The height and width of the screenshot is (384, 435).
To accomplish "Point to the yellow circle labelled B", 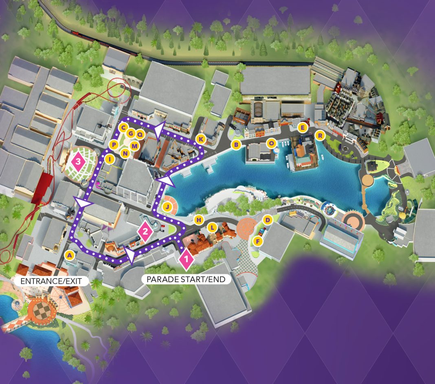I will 235,144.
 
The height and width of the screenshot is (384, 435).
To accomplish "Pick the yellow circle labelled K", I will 200,139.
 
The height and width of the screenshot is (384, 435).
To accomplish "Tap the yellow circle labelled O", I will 271,143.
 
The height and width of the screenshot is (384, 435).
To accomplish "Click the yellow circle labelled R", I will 320,135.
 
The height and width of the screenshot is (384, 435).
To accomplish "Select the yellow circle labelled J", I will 167,207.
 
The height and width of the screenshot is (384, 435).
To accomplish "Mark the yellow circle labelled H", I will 199,220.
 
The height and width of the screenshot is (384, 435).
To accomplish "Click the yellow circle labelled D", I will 268,220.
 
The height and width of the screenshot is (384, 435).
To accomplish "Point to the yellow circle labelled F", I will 257,241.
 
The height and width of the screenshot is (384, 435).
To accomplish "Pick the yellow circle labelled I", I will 109,159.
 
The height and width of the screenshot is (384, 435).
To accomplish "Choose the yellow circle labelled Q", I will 140,134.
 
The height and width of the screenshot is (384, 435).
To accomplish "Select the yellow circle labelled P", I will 114,145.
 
